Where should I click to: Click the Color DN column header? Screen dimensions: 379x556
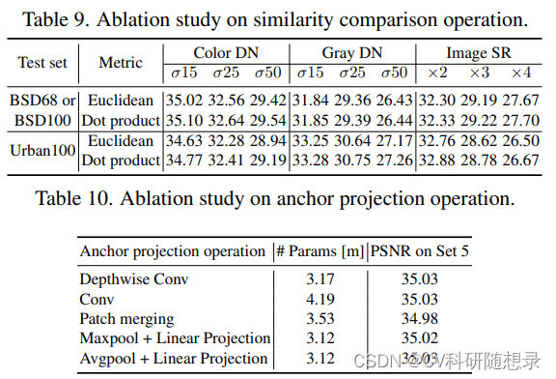[x=225, y=53]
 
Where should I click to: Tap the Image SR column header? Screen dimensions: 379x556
[x=480, y=53]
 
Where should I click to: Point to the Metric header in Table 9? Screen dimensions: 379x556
[x=121, y=63]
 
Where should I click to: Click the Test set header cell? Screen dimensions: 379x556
[x=42, y=63]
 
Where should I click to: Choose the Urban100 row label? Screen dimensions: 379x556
[x=42, y=151]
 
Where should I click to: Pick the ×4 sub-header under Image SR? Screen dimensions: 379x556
[x=521, y=73]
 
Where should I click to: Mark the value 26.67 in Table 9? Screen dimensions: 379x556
[x=521, y=160]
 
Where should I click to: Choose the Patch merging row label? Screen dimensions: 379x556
[x=126, y=318]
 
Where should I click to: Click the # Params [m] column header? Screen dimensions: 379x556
[x=318, y=251]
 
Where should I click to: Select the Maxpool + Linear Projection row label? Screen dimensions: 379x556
[x=174, y=338]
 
